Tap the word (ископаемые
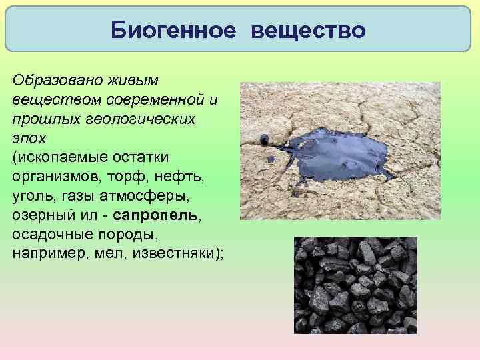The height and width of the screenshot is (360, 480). pos(53,157)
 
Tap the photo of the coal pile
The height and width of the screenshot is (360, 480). pos(355,285)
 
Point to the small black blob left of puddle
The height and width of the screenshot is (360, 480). pos(265,139)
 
